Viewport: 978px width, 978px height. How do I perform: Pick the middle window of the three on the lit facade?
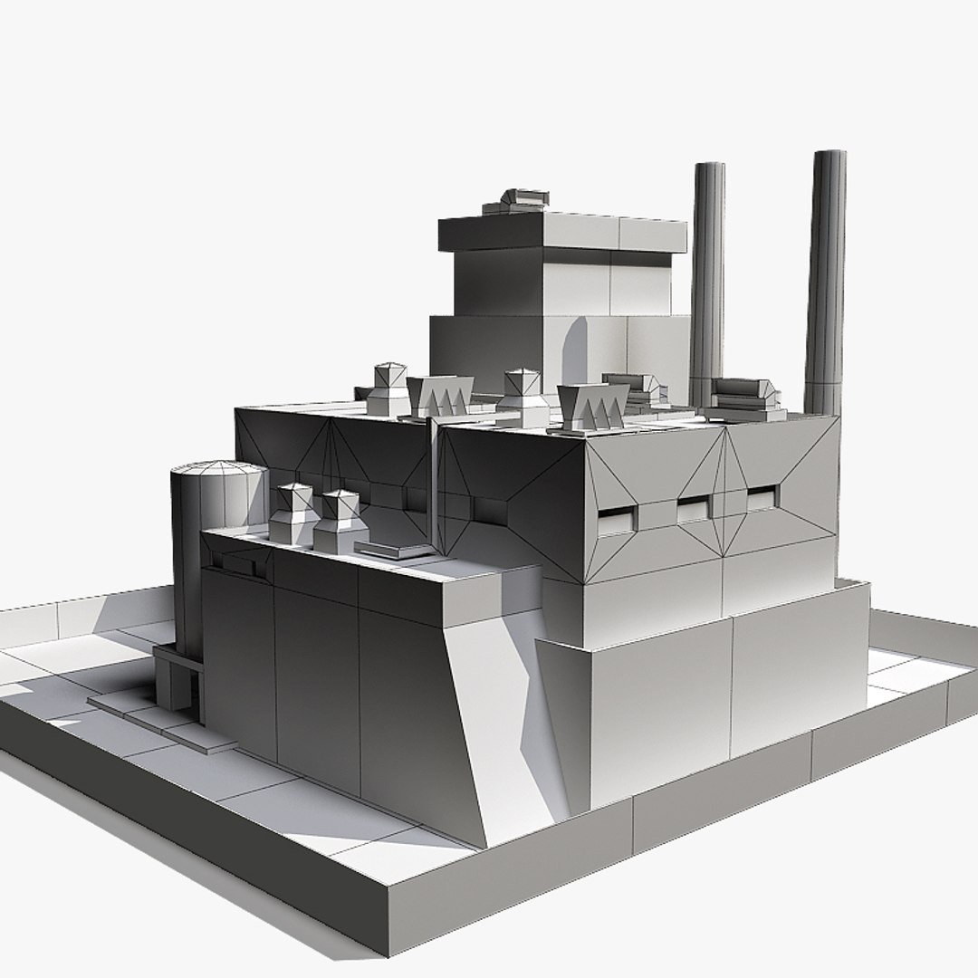tap(695, 511)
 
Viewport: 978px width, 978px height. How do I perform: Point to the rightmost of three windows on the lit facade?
tap(761, 497)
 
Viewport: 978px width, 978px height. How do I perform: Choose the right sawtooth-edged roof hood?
tap(593, 405)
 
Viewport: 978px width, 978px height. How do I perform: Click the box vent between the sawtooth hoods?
tap(523, 396)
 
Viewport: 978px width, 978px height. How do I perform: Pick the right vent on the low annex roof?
tap(340, 521)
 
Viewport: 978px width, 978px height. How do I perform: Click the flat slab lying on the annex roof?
tap(394, 549)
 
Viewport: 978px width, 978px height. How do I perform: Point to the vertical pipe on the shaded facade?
tap(435, 480)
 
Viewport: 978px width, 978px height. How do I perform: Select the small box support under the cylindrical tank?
tap(177, 679)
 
